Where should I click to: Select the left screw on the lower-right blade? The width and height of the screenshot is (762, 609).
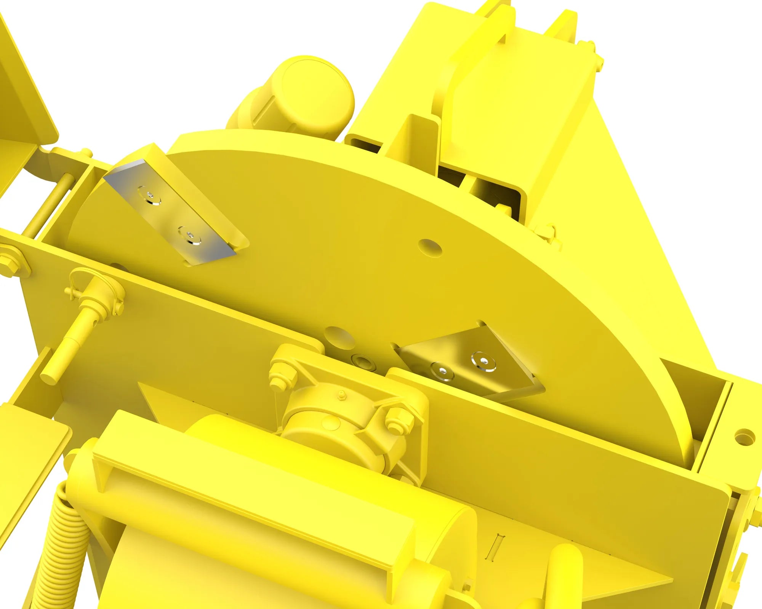tap(442, 370)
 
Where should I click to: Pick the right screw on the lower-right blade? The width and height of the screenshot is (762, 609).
tap(483, 360)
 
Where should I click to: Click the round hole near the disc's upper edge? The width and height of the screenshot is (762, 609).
tap(430, 247)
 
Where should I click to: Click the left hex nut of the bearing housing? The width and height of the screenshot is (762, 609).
tap(282, 376)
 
